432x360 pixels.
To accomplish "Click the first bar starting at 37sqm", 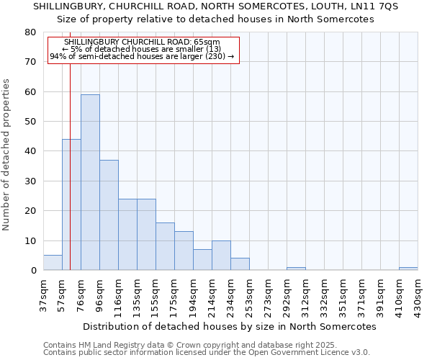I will pyautogui.click(x=53, y=263).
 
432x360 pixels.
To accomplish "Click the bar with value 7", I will pyautogui.click(x=202, y=260).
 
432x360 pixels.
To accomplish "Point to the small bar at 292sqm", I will pyautogui.click(x=296, y=269).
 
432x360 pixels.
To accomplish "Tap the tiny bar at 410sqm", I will pyautogui.click(x=408, y=269).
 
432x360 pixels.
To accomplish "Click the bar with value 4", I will pyautogui.click(x=240, y=264).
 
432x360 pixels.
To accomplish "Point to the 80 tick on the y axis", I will pyautogui.click(x=30, y=32).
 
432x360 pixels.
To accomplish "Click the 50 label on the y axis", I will pyautogui.click(x=30, y=122).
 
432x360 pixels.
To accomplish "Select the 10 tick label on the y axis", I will pyautogui.click(x=30, y=240).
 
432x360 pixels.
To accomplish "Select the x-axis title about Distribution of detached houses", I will pyautogui.click(x=230, y=326).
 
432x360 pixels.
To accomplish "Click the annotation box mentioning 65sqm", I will pyautogui.click(x=143, y=49).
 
